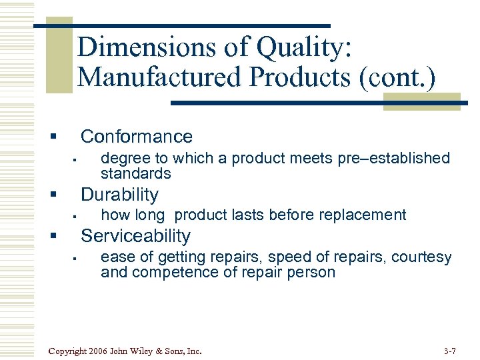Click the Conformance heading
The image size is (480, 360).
(x=136, y=137)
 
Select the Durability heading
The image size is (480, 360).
(x=119, y=195)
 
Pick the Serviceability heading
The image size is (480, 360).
(x=135, y=236)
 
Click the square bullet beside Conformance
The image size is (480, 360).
(x=52, y=137)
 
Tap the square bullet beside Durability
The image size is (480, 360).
(x=52, y=195)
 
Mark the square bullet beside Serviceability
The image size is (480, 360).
(x=52, y=237)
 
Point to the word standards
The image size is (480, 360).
(x=135, y=173)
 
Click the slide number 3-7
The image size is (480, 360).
(x=449, y=351)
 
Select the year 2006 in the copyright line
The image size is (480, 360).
(x=98, y=351)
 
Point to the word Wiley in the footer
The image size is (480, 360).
(x=145, y=351)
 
